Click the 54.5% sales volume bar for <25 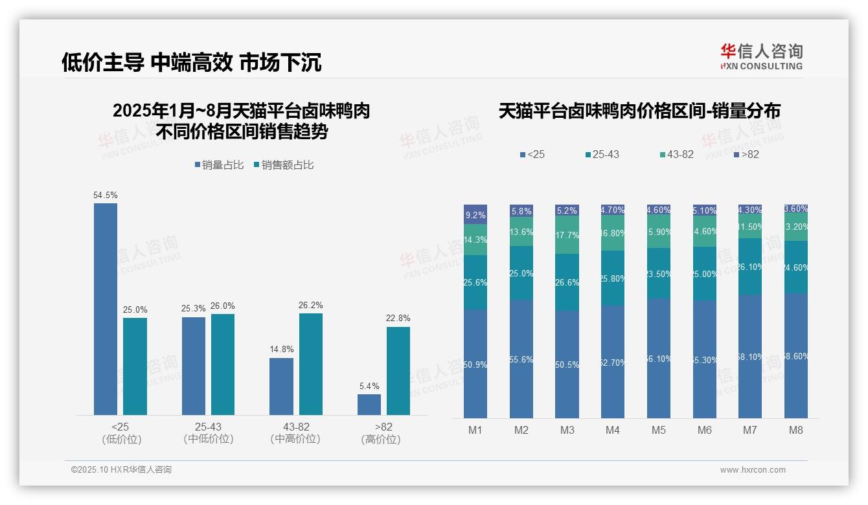click(x=106, y=309)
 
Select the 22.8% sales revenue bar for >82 click(x=398, y=370)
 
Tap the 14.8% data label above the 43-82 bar click(x=281, y=350)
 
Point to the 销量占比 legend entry click(x=219, y=165)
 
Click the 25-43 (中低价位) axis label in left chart click(x=208, y=433)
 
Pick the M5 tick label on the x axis click(x=659, y=431)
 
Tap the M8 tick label click(x=796, y=431)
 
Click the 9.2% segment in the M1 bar click(x=475, y=214)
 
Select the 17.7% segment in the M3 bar click(x=567, y=235)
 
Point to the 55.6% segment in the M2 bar click(x=521, y=359)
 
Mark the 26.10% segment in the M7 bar click(x=750, y=266)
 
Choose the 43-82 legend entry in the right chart click(x=676, y=155)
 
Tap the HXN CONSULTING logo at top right click(x=761, y=57)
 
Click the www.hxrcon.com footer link click(x=753, y=470)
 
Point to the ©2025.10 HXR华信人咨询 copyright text click(x=121, y=470)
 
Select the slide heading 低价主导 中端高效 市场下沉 click(x=192, y=62)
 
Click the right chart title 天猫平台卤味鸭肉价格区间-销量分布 click(x=639, y=111)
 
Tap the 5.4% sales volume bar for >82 click(x=369, y=405)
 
